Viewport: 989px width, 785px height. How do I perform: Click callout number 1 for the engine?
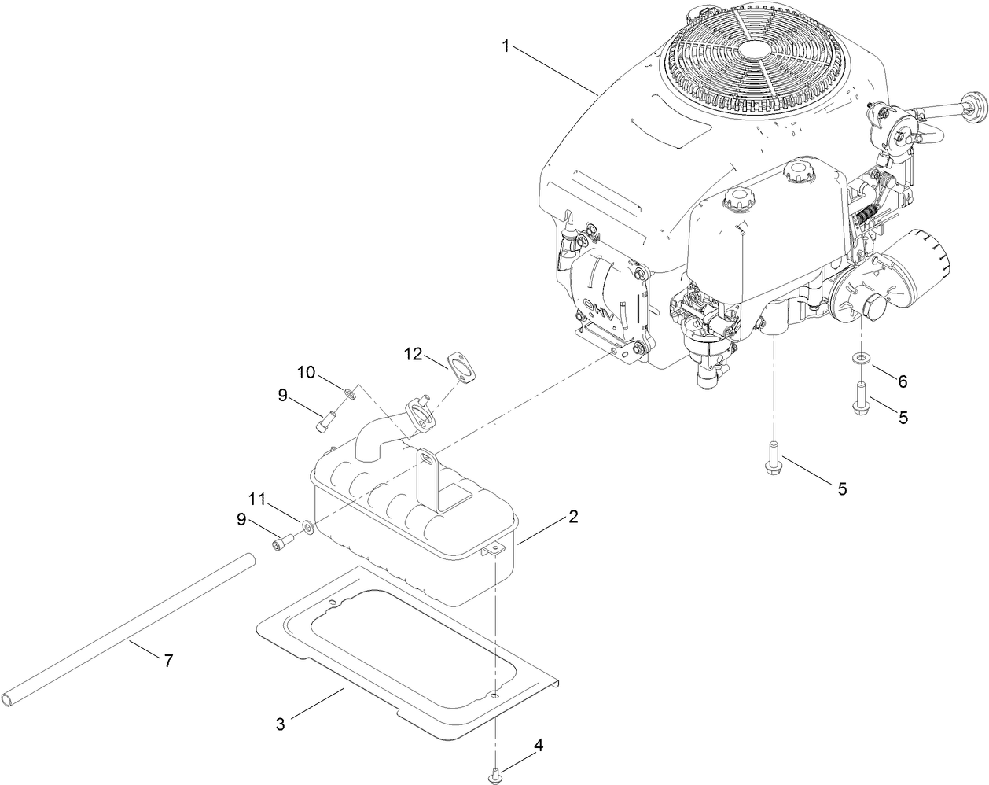click(x=507, y=46)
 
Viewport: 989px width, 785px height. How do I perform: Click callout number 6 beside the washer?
click(x=903, y=381)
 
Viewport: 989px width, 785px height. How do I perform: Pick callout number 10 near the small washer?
click(x=306, y=370)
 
